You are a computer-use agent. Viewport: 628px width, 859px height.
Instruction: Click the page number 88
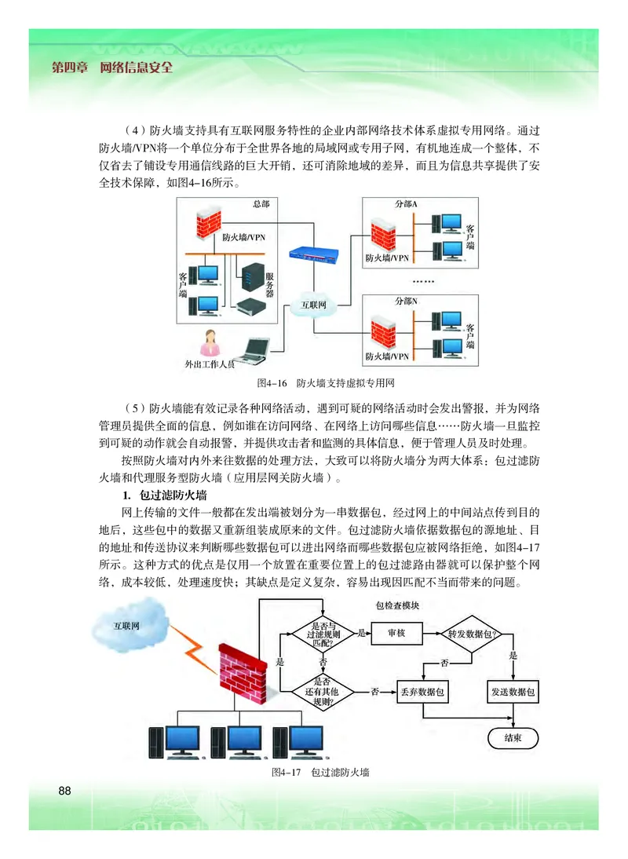click(x=64, y=790)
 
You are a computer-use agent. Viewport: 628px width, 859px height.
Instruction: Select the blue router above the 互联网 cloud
click(x=314, y=254)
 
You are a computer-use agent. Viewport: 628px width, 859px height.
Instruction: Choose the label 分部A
click(x=406, y=204)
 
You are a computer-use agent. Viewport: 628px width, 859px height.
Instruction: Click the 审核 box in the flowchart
click(x=396, y=633)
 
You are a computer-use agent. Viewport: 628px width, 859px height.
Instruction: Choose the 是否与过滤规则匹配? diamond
click(x=323, y=633)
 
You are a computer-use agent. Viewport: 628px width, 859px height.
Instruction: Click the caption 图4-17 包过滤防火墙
click(x=319, y=773)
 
